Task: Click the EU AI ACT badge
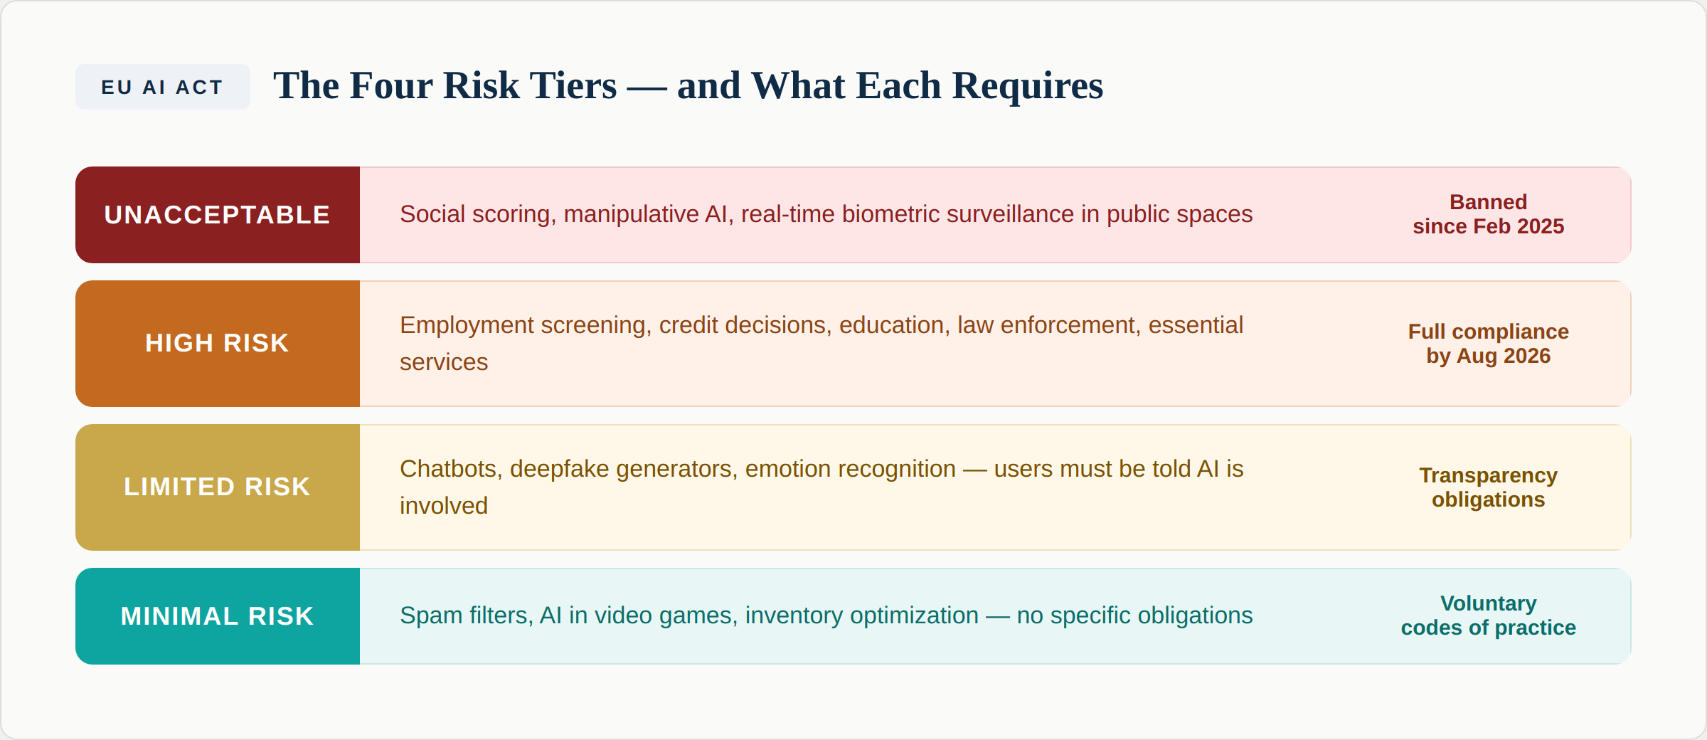162,87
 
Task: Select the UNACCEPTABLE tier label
217,215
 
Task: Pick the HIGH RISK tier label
217,343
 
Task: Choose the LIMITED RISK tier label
217,487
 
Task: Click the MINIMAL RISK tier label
217,616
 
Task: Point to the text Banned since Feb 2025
1488,214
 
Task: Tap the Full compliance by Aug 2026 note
1488,344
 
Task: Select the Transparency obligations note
1488,487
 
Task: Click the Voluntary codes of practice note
1488,615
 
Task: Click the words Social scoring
475,214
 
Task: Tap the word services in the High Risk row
444,362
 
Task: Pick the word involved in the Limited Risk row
444,506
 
